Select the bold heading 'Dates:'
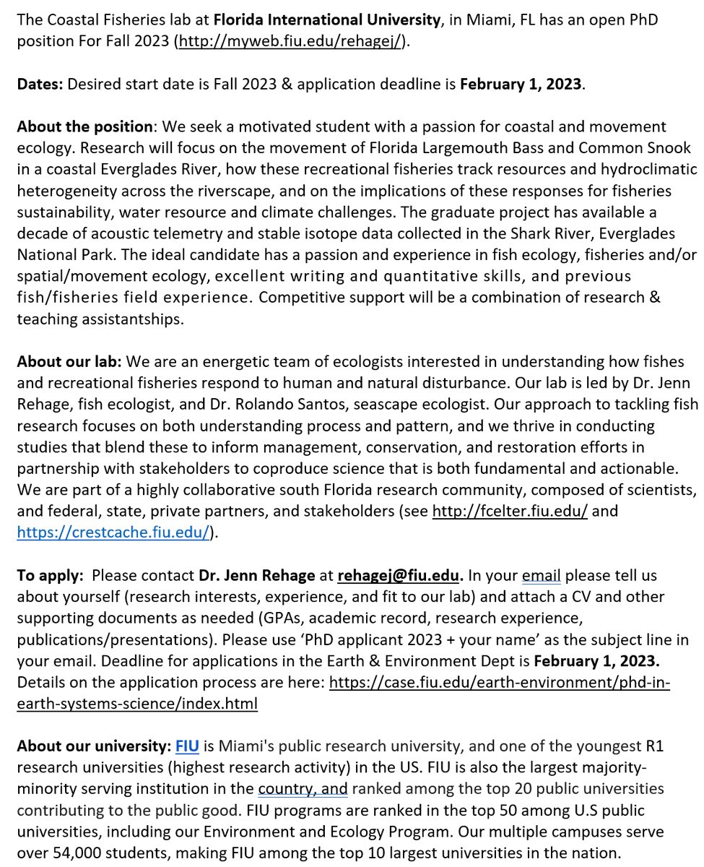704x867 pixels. [40, 84]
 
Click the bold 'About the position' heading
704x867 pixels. [84, 127]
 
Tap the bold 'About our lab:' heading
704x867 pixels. [69, 361]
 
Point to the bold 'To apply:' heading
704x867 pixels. [48, 576]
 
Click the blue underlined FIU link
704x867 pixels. [187, 746]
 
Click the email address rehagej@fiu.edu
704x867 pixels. [398, 576]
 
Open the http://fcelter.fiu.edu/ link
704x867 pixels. [510, 512]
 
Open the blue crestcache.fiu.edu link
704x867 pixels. [113, 532]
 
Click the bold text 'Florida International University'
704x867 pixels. [327, 20]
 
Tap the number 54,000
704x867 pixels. [71, 853]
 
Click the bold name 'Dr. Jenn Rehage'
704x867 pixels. [256, 576]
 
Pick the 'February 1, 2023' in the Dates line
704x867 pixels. [521, 84]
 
